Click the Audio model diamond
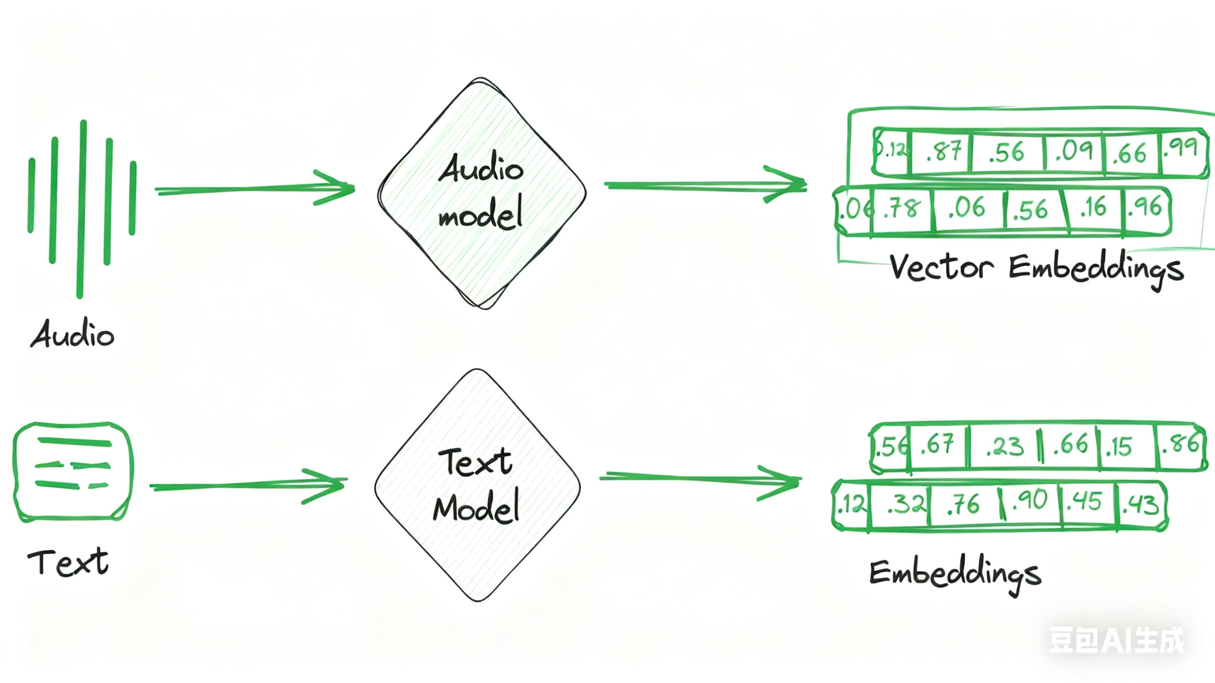click(481, 194)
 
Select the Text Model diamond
click(477, 486)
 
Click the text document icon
click(73, 472)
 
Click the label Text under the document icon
click(69, 562)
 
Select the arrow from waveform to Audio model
click(255, 189)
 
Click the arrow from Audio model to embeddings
click(705, 186)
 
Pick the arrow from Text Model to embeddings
click(701, 479)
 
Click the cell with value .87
click(942, 152)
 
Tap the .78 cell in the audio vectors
click(902, 209)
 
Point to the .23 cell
click(1004, 446)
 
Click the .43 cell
click(1141, 505)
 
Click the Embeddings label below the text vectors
click(955, 574)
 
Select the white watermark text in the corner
click(1116, 640)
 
